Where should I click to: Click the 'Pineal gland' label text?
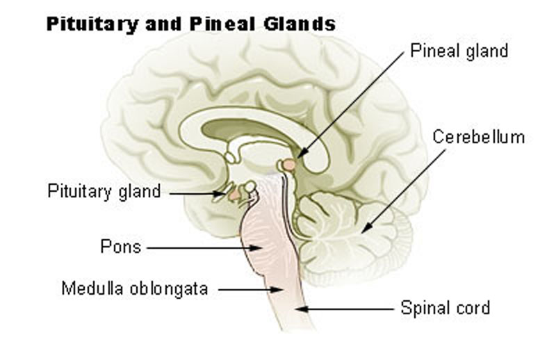coord(459,51)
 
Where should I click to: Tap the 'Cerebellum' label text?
coord(478,137)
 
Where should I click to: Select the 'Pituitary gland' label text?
coord(104,191)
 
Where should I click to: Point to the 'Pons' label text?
coord(121,247)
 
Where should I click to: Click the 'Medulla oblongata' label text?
coord(134,288)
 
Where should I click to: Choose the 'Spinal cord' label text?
coord(445,307)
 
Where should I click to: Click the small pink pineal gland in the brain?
coord(286,165)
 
